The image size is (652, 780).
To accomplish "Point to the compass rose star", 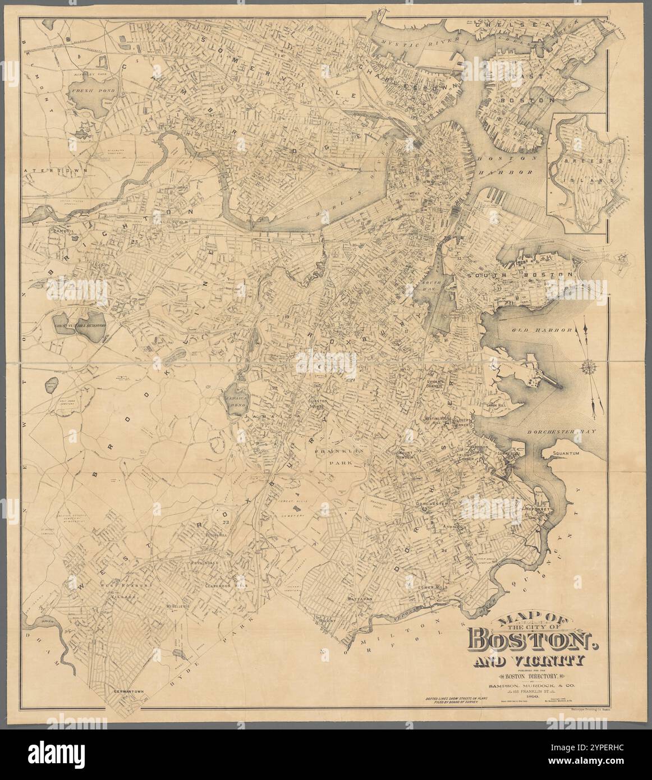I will [x=590, y=368].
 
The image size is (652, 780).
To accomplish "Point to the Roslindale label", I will [x=209, y=563].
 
